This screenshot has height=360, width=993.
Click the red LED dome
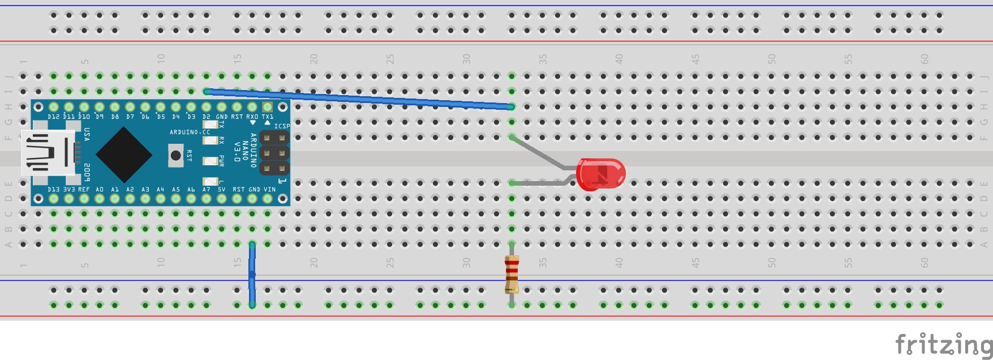(x=601, y=174)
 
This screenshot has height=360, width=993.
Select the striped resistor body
(x=511, y=273)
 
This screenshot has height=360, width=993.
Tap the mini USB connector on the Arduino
(x=48, y=152)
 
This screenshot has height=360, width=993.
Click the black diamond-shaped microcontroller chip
(x=124, y=154)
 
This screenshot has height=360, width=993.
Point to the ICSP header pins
(x=274, y=153)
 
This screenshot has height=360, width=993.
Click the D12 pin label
(x=53, y=117)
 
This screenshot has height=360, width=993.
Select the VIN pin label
(x=269, y=190)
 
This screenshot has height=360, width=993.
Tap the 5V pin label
(x=222, y=190)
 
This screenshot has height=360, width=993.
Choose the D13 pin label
(x=53, y=190)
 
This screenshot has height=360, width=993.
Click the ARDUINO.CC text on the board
(x=190, y=132)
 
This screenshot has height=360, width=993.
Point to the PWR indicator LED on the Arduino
(x=210, y=161)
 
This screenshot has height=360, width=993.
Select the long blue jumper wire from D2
(x=359, y=99)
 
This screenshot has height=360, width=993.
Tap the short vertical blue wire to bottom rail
(x=252, y=275)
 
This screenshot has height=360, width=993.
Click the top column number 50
(x=772, y=58)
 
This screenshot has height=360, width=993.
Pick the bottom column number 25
(x=390, y=263)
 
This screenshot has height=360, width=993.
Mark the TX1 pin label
(x=268, y=117)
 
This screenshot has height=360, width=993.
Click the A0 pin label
(x=100, y=190)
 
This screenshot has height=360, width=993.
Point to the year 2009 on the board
(x=87, y=172)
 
